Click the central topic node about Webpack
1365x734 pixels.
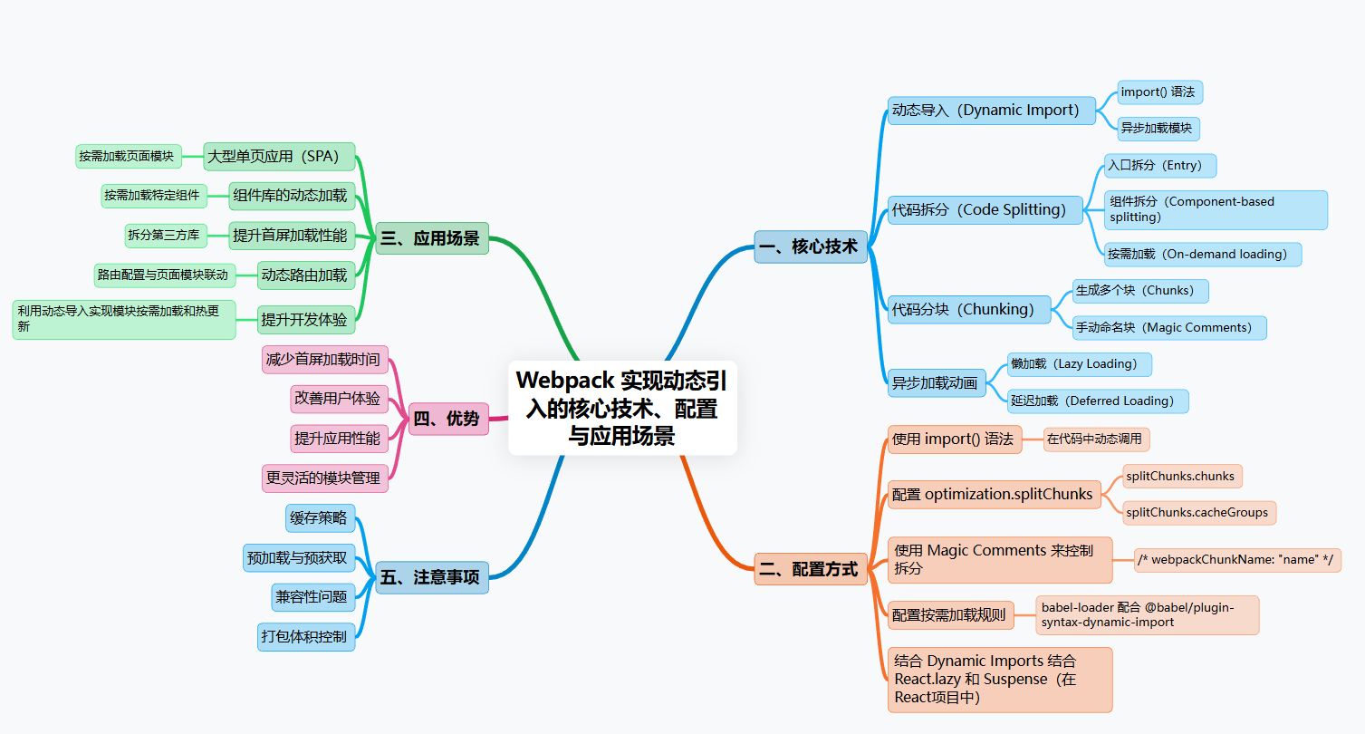point(622,407)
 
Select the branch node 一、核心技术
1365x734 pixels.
point(811,246)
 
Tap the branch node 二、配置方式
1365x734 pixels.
point(810,569)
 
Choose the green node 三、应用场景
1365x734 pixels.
point(432,238)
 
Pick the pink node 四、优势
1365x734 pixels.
point(448,419)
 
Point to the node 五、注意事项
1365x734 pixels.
point(432,577)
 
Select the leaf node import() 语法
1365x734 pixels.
point(1159,92)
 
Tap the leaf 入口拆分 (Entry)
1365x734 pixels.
point(1159,166)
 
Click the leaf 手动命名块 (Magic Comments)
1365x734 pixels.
point(1168,327)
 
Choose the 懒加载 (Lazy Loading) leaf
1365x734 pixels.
point(1080,364)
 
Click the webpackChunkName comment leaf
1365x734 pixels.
point(1237,560)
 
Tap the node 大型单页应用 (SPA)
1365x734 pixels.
point(279,156)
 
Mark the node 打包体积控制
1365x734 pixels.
point(304,636)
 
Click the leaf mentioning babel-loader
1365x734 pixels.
point(1147,614)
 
